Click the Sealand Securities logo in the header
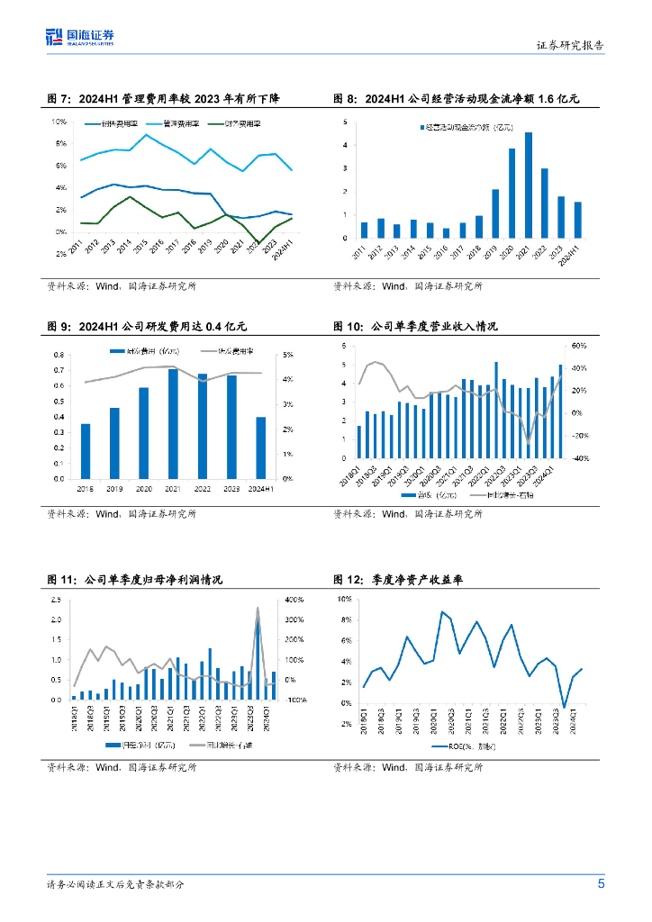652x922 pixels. (x=80, y=37)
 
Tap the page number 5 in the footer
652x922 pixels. (x=601, y=883)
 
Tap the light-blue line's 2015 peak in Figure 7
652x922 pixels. (x=147, y=135)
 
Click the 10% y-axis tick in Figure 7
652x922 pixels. (x=59, y=121)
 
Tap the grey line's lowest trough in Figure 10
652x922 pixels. (x=529, y=441)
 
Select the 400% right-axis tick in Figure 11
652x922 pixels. (x=294, y=599)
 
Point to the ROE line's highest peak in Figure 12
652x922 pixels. (x=442, y=612)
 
